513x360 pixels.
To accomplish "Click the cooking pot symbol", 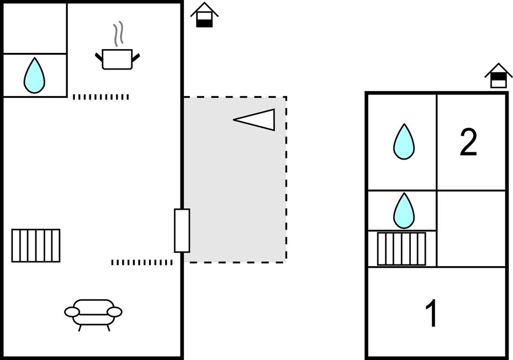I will click(x=118, y=59).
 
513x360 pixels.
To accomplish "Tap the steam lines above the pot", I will click(x=118, y=34).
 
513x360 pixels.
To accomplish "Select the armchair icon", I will click(x=93, y=314).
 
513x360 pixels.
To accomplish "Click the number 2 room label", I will click(x=468, y=142).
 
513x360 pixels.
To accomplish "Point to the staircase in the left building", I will click(x=36, y=245).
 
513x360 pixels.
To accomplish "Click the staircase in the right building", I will click(x=401, y=248).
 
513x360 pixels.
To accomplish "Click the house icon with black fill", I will click(x=204, y=15).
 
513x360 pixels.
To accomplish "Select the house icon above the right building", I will click(x=499, y=76).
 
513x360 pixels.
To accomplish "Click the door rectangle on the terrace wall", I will click(x=182, y=230).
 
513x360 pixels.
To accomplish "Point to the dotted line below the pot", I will click(x=101, y=97).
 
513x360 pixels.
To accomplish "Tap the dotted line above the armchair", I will click(x=142, y=262).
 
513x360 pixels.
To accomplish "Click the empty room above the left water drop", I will click(x=35, y=28).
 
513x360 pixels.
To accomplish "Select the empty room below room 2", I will click(x=471, y=229).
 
